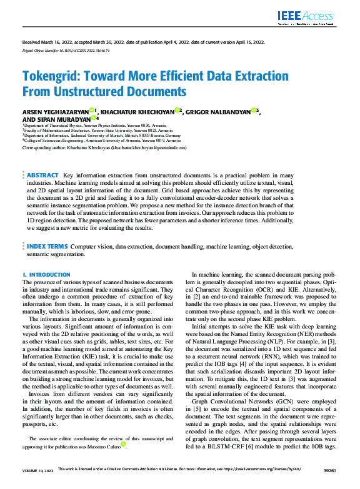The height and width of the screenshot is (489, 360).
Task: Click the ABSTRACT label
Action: point(43,176)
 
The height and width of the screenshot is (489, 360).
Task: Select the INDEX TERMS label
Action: point(47,247)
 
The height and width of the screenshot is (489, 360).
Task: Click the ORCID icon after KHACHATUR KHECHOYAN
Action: point(177,110)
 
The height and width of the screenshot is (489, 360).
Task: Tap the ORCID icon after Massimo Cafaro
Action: point(124,445)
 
